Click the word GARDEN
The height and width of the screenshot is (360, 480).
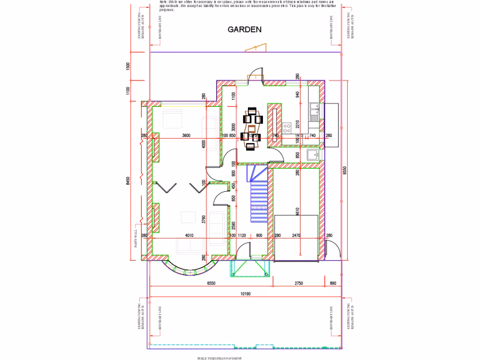244,30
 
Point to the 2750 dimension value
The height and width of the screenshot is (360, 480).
299,284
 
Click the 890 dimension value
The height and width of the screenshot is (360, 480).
333,284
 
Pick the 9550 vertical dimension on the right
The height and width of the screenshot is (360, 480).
345,170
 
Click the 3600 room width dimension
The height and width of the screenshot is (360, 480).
186,136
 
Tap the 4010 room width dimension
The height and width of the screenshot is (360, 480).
189,235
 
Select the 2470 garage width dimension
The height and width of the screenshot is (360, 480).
296,235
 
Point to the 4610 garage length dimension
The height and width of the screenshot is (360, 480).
297,212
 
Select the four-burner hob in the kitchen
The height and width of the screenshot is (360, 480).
287,126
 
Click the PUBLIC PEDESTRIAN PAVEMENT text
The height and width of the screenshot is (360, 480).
220,358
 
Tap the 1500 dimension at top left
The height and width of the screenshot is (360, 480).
128,66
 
